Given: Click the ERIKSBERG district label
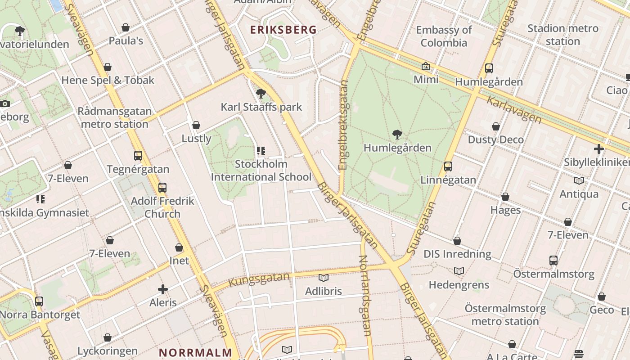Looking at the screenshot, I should [283, 30].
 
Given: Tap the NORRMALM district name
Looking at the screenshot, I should [196, 352].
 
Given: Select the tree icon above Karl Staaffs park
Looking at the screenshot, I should [261, 94].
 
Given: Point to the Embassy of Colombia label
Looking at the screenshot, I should [444, 36].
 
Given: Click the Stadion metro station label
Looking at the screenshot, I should [562, 35].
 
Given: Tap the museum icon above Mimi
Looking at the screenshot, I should [426, 67].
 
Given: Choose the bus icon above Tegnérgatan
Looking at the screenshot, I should [138, 156].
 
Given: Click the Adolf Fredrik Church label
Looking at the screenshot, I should [162, 207].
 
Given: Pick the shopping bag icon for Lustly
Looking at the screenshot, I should [196, 125].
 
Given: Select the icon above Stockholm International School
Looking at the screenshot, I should [261, 151].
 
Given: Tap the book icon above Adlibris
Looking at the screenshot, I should [324, 278].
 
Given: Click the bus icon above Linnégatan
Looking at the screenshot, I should [448, 166].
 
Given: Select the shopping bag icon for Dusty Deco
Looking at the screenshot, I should [496, 126].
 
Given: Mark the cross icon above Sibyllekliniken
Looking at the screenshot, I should [599, 149].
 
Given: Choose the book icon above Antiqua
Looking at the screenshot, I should [579, 181].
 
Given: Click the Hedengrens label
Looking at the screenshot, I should [459, 285].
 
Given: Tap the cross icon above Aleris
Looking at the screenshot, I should [163, 289].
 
